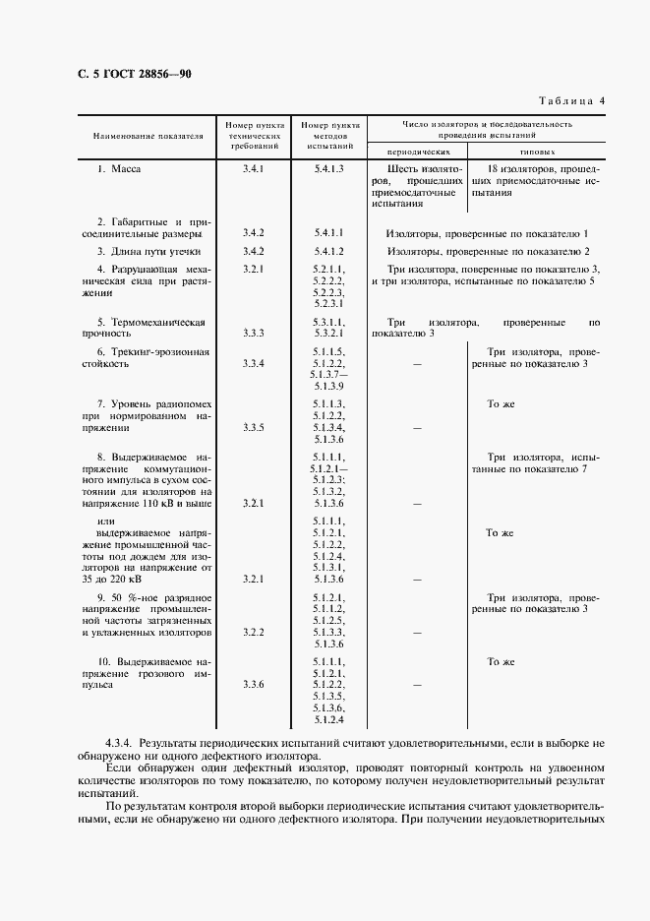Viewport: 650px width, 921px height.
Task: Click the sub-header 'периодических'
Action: click(418, 153)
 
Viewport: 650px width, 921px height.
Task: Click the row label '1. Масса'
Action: click(119, 169)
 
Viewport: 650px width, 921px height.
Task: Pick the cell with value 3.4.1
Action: click(254, 169)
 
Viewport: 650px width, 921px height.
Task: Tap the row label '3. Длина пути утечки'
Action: click(148, 252)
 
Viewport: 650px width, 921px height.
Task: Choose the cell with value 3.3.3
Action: click(254, 334)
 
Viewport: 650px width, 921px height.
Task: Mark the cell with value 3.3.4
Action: click(254, 364)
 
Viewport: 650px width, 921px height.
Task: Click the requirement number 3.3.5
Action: click(254, 428)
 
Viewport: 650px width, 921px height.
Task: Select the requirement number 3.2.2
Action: click(254, 632)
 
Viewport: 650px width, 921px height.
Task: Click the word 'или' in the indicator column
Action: click(108, 521)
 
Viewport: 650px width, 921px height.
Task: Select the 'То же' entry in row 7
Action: click(501, 404)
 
